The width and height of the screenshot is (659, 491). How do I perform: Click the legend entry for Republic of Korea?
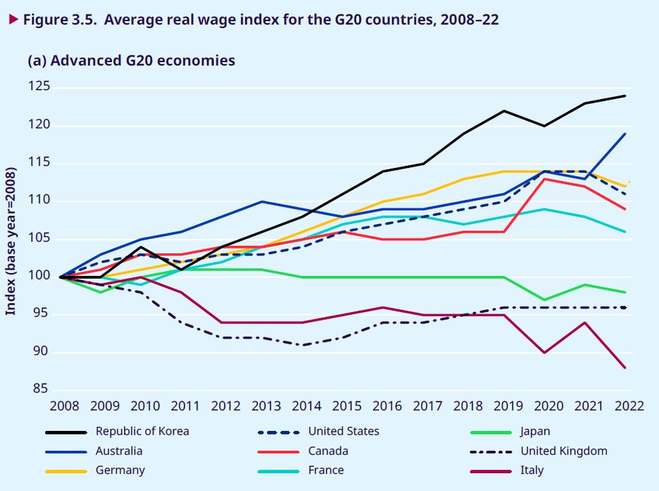(142, 432)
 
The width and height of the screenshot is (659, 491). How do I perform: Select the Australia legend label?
(119, 451)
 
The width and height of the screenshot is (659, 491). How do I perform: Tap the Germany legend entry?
(120, 471)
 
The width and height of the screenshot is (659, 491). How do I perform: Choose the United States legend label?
(343, 432)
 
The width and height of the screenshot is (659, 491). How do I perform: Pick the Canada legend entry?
(328, 451)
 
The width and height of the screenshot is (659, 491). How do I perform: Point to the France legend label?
(326, 471)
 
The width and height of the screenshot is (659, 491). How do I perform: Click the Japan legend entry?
(535, 432)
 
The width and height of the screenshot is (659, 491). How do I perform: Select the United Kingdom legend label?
(563, 451)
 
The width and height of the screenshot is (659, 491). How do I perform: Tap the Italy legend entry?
(532, 471)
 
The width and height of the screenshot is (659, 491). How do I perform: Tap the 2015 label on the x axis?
(347, 406)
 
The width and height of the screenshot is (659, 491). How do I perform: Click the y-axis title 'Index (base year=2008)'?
(12, 243)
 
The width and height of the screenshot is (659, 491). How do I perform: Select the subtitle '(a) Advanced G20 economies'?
(131, 61)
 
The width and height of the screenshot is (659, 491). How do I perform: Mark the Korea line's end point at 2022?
(625, 96)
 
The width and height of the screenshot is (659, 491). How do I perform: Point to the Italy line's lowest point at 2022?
(625, 367)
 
